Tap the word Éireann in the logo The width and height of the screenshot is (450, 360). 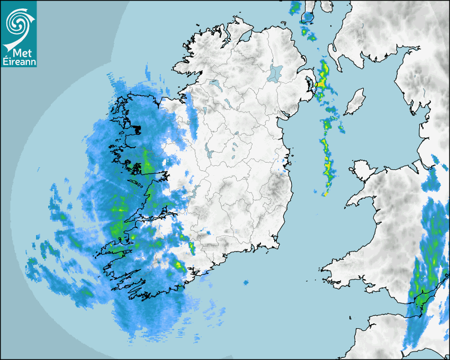(x=19, y=62)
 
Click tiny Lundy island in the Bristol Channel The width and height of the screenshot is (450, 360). (x=350, y=318)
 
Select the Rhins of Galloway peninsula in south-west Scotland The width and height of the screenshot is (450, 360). (x=334, y=53)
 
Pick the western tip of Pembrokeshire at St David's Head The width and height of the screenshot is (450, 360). (x=322, y=268)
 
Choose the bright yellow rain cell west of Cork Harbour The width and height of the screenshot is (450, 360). (x=178, y=264)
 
